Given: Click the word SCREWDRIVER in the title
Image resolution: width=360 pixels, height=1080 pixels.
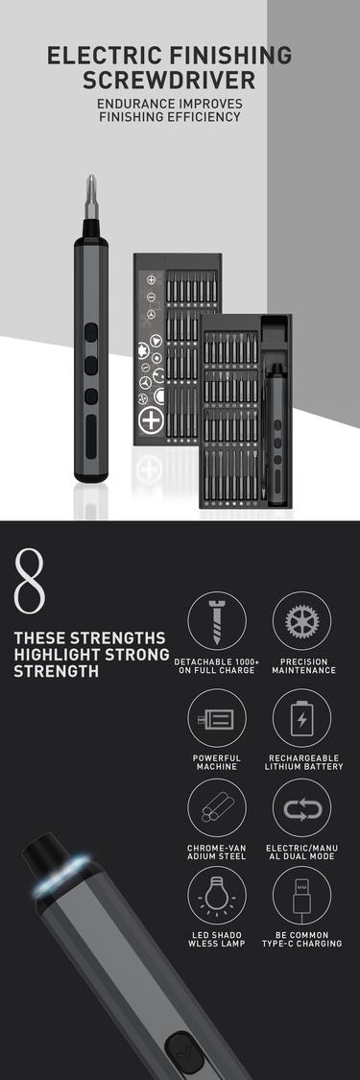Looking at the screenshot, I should [x=180, y=81].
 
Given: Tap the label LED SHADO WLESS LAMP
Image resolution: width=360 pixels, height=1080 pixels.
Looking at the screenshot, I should [x=217, y=939].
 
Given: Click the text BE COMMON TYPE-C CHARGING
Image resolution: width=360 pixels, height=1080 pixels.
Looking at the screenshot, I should [x=301, y=939].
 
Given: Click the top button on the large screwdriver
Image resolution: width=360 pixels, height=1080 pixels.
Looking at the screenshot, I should [x=89, y=332].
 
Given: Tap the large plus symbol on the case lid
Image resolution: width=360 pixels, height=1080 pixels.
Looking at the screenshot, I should [x=151, y=420].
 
